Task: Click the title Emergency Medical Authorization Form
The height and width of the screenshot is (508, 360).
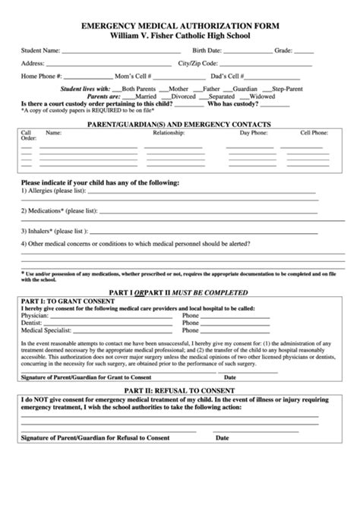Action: pyautogui.click(x=180, y=25)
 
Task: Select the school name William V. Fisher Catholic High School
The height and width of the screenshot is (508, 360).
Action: pyautogui.click(x=180, y=35)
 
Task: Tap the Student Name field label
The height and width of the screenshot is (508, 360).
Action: pyautogui.click(x=41, y=51)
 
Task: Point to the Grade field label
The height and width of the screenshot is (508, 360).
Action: pyautogui.click(x=283, y=51)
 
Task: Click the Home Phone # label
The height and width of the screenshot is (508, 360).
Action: pyautogui.click(x=43, y=77)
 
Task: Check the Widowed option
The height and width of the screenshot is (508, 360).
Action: pyautogui.click(x=262, y=96)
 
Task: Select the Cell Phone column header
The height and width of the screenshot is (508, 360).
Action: pyautogui.click(x=314, y=132)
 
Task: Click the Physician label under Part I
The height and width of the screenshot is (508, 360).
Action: pyautogui.click(x=36, y=317)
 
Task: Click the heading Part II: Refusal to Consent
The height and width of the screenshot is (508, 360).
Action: pyautogui.click(x=180, y=389)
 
